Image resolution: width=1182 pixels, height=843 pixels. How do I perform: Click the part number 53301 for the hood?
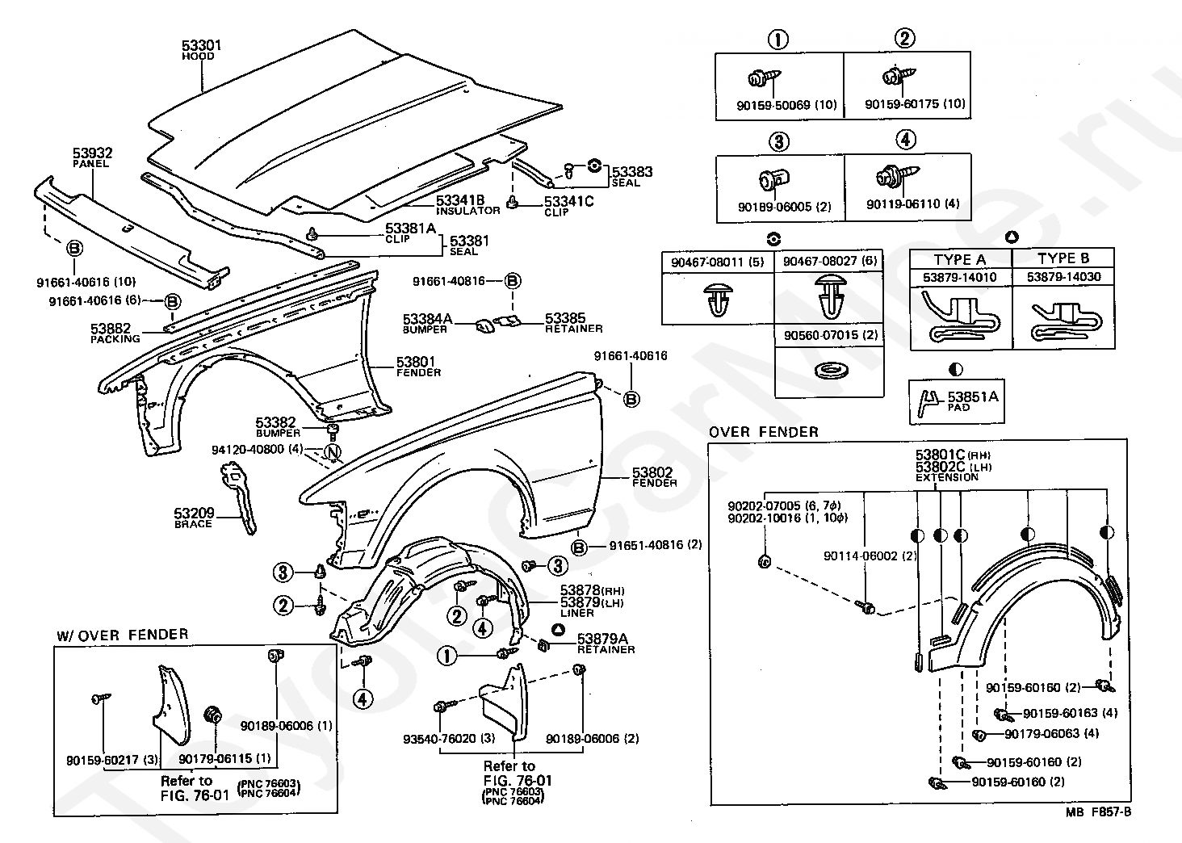[201, 45]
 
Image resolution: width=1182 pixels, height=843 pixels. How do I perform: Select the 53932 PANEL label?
[92, 157]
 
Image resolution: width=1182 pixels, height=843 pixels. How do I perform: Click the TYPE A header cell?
[959, 259]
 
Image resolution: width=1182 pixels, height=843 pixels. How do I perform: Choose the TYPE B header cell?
[1063, 258]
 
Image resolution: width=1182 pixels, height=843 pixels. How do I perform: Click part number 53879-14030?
[1063, 277]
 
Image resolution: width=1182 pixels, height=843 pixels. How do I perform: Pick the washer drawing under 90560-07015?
[826, 371]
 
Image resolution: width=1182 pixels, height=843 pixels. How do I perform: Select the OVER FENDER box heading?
[763, 432]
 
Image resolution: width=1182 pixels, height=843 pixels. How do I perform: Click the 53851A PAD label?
[972, 401]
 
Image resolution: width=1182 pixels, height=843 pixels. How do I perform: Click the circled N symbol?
[332, 454]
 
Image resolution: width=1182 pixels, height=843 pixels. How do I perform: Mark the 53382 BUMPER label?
[276, 427]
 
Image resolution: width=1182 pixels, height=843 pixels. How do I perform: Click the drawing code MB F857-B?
[1101, 812]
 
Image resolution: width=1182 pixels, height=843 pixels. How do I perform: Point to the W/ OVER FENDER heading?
[122, 635]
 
